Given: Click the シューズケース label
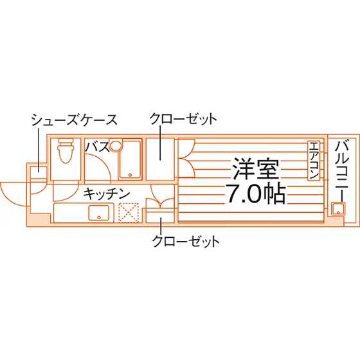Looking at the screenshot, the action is [74, 120].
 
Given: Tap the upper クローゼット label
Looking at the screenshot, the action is [183, 119].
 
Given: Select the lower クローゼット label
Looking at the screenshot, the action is [186, 241].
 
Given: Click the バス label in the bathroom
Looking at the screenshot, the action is [97, 147].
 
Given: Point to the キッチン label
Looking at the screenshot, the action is [107, 194].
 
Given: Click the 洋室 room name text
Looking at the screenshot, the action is [256, 168].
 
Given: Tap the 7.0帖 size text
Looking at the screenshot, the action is [256, 194].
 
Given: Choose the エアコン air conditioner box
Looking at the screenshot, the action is [314, 161].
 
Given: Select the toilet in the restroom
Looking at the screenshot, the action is [66, 150].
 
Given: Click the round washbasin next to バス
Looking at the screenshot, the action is [116, 145].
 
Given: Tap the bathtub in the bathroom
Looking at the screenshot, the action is [130, 159].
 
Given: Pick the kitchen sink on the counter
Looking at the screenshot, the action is [99, 213].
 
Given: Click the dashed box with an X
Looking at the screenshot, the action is [129, 213].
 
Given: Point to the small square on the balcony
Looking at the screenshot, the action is [338, 209].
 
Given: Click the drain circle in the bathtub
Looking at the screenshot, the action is [130, 175].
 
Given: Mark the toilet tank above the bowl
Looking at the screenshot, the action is [66, 141].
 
